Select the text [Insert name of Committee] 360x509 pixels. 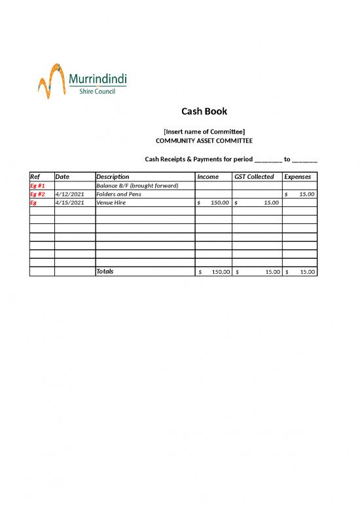click(204, 132)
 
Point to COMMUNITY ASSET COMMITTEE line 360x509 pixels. click(204, 141)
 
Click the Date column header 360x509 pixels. click(63, 177)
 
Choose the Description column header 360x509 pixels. click(113, 177)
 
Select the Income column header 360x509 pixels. click(207, 177)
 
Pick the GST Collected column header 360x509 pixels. click(254, 177)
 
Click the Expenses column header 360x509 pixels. click(297, 177)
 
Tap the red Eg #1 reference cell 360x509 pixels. click(37, 186)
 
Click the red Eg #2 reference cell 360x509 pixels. click(37, 195)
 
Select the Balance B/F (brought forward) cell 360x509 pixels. click(137, 186)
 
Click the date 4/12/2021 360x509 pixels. click(70, 195)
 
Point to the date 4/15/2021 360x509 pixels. click(70, 203)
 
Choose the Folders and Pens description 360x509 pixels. click(118, 195)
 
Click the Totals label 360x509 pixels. click(105, 271)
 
